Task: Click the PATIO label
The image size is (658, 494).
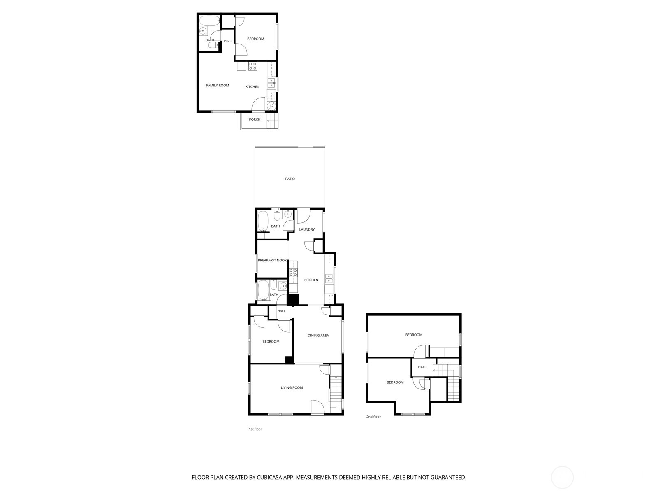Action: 290,179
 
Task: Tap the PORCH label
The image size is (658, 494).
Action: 255,119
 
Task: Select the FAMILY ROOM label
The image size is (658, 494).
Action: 218,86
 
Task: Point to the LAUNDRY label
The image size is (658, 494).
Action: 307,230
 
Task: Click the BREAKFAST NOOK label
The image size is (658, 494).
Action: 272,261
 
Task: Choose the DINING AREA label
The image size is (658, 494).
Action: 318,336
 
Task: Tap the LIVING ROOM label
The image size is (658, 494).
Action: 292,388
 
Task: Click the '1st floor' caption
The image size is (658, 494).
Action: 255,429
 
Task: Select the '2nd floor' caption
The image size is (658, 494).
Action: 373,417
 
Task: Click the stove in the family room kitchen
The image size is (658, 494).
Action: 253,65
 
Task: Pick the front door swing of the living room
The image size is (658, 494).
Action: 317,407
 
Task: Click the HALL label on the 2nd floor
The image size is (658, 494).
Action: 422,367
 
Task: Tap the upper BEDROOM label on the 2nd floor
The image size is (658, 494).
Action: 414,335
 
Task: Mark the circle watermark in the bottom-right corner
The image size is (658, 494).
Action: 562,478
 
